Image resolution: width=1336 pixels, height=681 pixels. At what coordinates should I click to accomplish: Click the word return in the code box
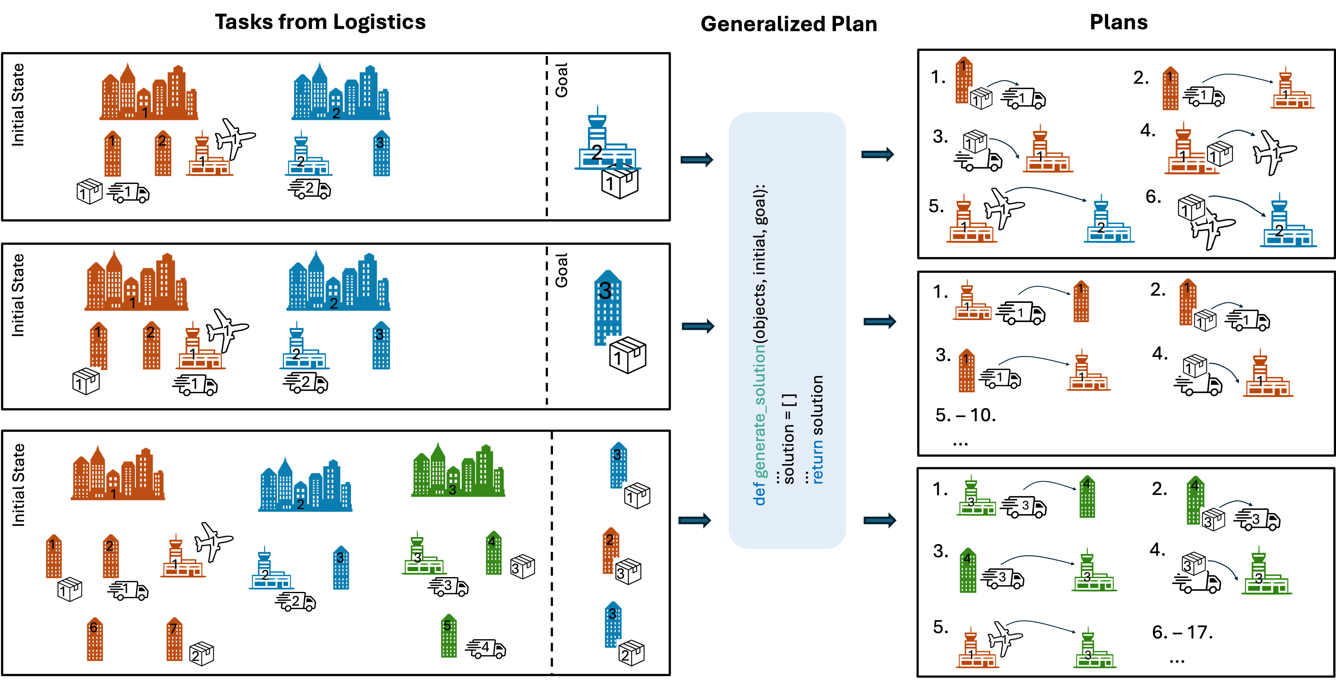pos(817,462)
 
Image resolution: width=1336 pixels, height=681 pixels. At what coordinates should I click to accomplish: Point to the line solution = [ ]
pos(789,439)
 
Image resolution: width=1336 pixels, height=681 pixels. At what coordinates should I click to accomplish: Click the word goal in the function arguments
pos(760,205)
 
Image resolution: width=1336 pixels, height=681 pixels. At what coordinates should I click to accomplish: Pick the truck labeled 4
pos(486,649)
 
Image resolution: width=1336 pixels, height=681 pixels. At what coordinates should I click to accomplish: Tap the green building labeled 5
pos(448,635)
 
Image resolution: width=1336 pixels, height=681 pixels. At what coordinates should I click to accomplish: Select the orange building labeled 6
pos(94,638)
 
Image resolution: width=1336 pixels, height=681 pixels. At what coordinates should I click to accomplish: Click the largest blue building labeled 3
pos(607,306)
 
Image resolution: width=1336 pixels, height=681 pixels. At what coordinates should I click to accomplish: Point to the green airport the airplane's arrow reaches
pos(1094,649)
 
